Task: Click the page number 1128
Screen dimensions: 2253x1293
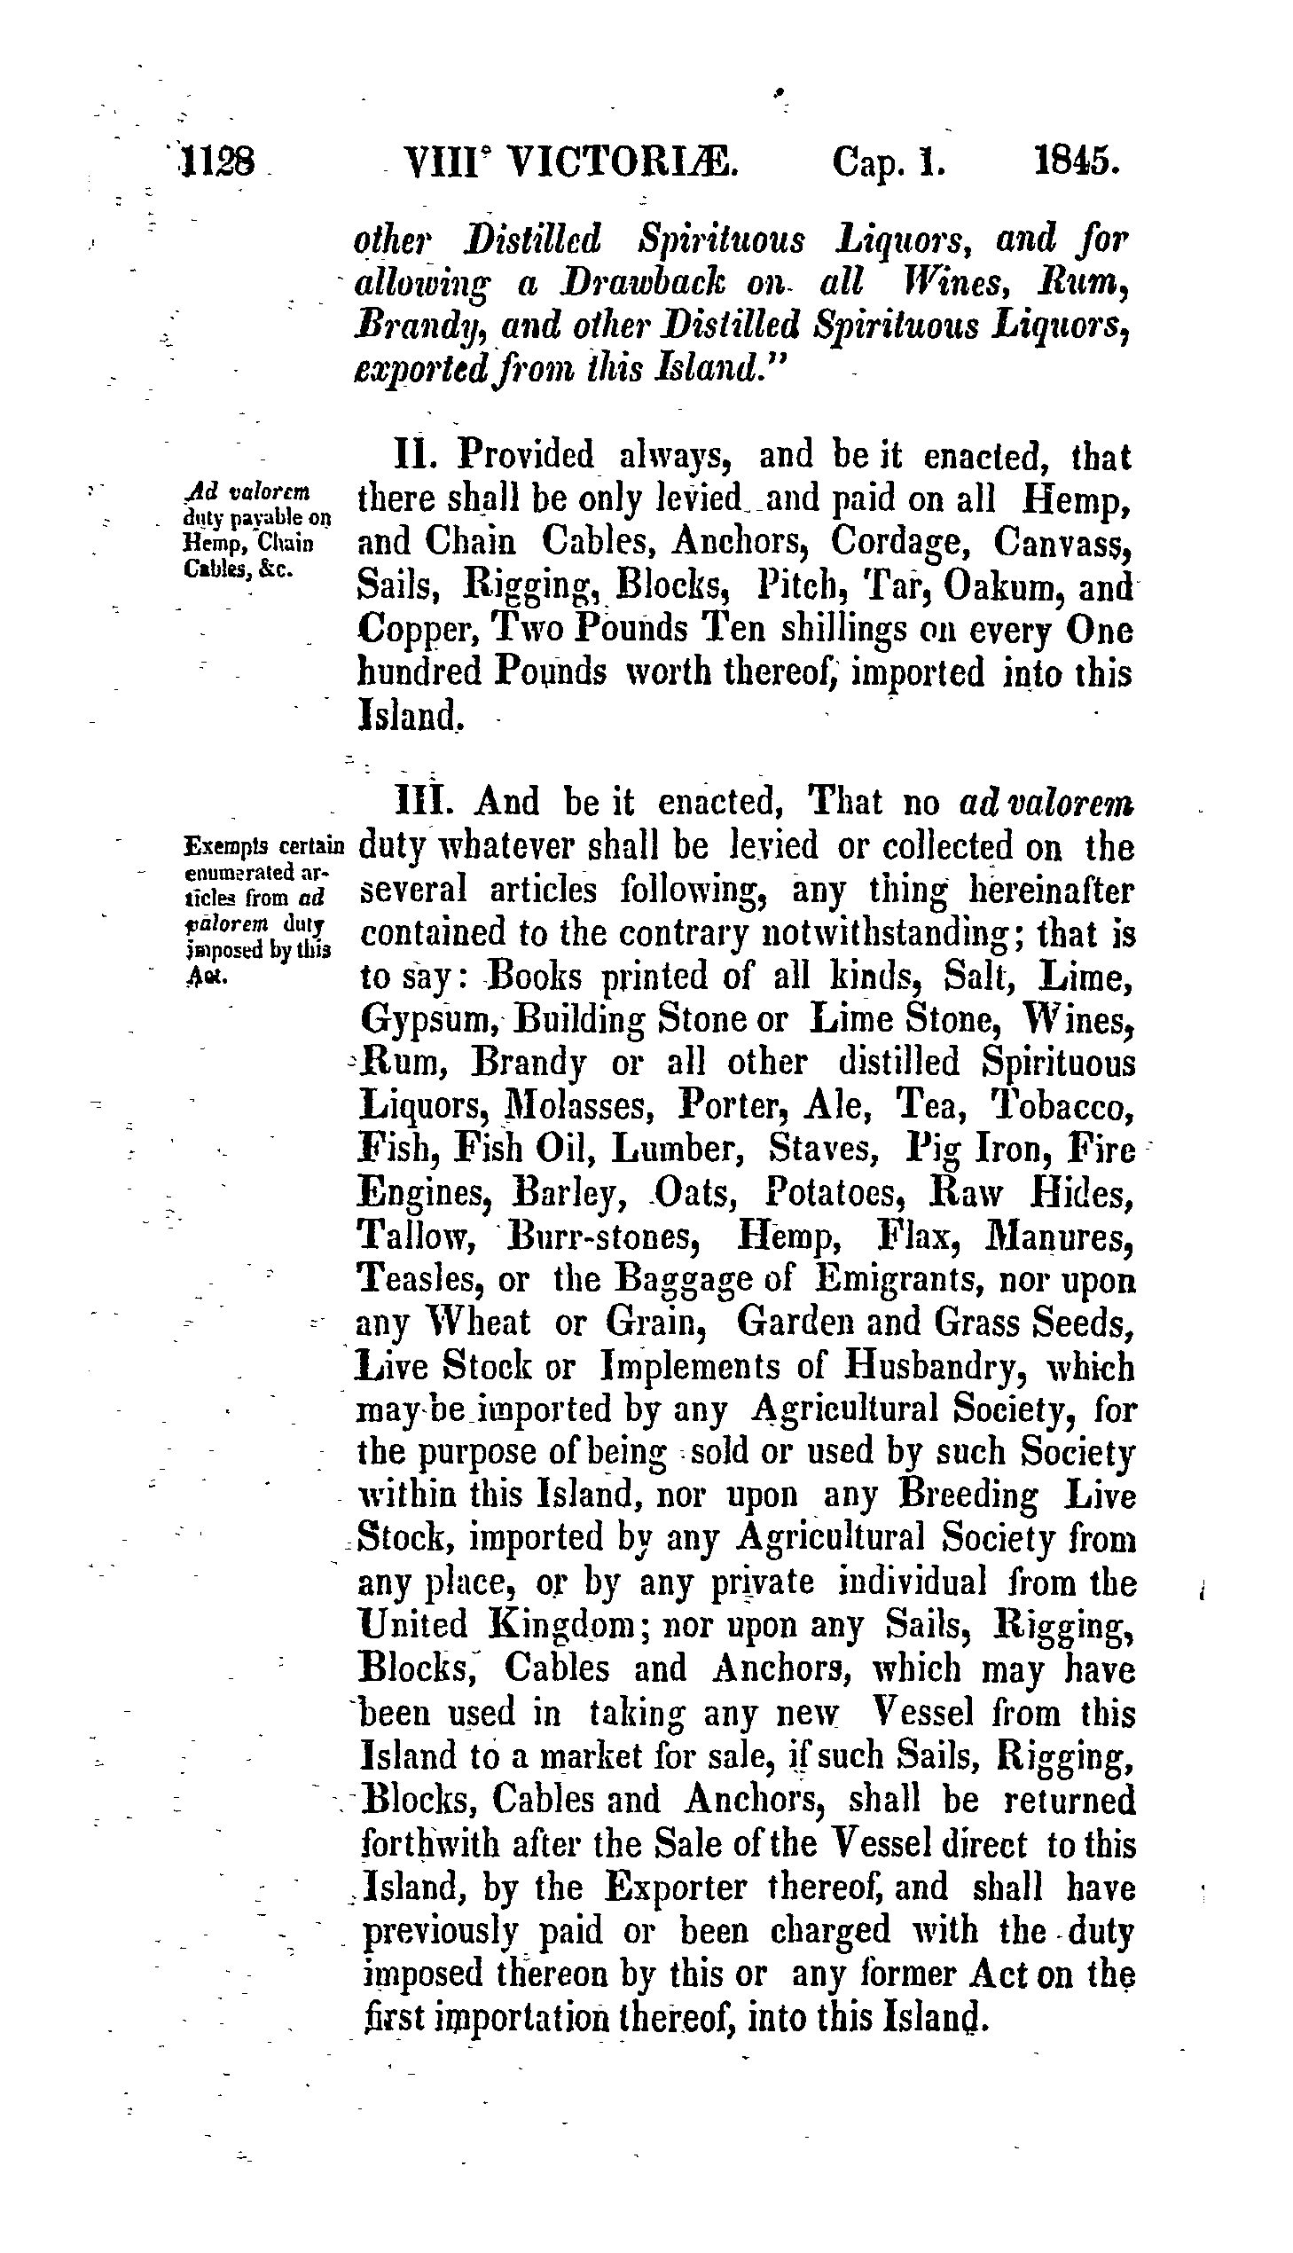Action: coord(218,164)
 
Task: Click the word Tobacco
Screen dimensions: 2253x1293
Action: coord(1062,1106)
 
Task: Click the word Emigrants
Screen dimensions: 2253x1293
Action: coord(897,1281)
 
